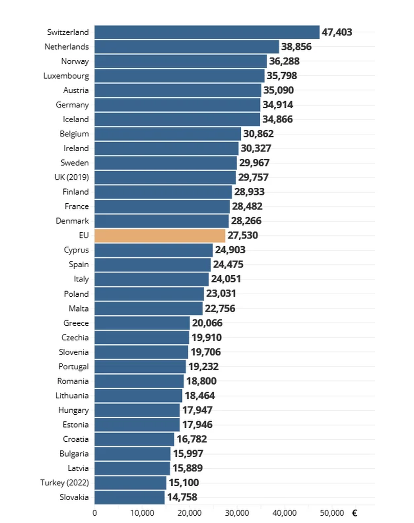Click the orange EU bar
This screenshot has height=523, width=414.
[x=160, y=235]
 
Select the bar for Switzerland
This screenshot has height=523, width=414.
[x=207, y=32]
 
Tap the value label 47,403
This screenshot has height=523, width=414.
[x=337, y=32]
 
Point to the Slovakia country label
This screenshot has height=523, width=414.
[x=73, y=497]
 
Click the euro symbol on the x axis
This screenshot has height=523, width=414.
[x=355, y=513]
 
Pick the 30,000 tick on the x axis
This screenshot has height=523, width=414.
[x=237, y=513]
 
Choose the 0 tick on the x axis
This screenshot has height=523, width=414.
[x=95, y=513]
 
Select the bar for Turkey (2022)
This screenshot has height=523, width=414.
[x=130, y=483]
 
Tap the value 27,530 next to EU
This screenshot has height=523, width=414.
[x=243, y=235]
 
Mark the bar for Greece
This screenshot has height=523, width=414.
[x=142, y=323]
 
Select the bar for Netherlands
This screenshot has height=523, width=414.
[x=187, y=46]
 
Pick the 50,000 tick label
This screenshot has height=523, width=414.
[x=332, y=513]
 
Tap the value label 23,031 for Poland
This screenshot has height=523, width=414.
[x=221, y=294]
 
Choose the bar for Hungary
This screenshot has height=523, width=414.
[x=137, y=410]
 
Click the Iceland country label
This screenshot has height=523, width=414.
[x=76, y=119]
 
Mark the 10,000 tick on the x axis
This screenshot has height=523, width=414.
[x=142, y=513]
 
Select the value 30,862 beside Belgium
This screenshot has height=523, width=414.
[x=258, y=134]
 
